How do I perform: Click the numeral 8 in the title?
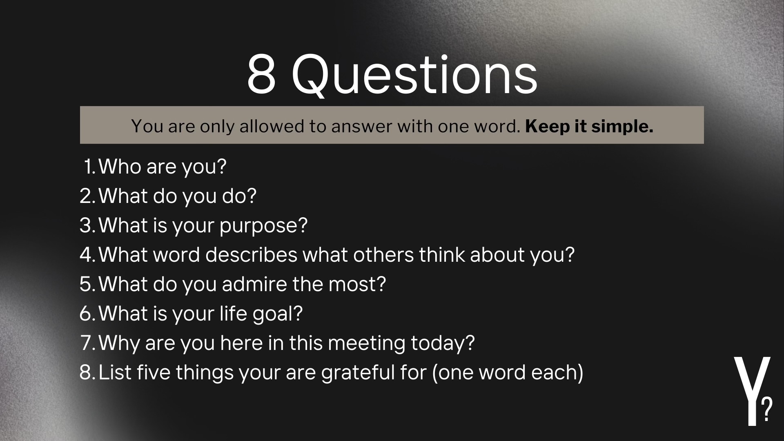pos(261,74)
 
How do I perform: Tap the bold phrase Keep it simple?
pos(589,126)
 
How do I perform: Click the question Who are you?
pos(163,167)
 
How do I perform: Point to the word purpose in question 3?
pos(263,226)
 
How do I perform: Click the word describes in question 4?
pos(251,255)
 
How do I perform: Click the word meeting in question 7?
pos(366,343)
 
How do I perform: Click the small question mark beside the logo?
pos(767,410)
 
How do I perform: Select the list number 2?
pos(87,196)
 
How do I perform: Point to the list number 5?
pos(87,284)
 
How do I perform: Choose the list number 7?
pos(87,343)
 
